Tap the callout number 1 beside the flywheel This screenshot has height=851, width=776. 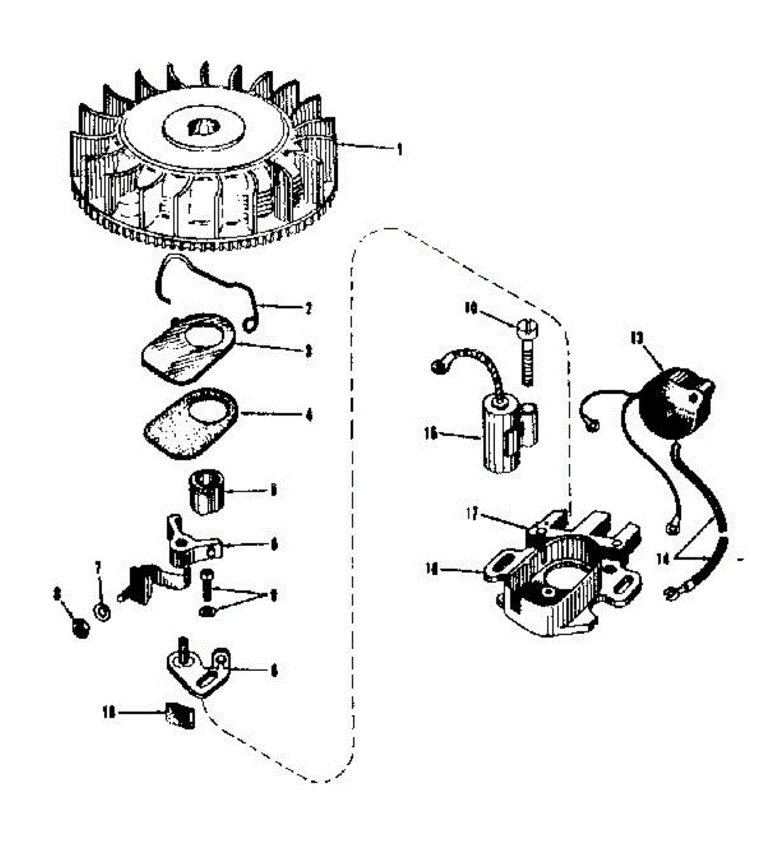399,149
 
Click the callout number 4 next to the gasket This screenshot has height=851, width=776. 309,414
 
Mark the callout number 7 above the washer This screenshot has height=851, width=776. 99,567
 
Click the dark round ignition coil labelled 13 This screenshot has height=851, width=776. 674,401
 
